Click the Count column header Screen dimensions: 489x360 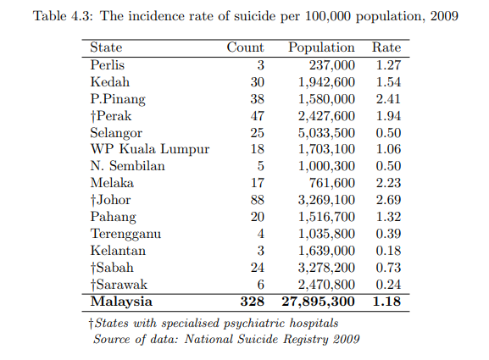(x=245, y=47)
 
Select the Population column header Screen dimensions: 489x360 (x=321, y=47)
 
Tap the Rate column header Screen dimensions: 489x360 (x=386, y=47)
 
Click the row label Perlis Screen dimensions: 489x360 (x=108, y=65)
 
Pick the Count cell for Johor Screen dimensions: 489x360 (x=258, y=199)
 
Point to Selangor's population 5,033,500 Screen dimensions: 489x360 (x=326, y=133)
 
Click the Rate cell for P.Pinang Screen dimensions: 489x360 (x=388, y=99)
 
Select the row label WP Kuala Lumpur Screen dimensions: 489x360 (x=150, y=149)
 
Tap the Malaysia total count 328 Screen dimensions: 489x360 (x=253, y=302)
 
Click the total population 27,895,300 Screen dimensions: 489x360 (x=318, y=302)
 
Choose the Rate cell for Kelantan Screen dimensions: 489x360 (x=388, y=251)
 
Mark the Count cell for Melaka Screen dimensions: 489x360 (x=258, y=183)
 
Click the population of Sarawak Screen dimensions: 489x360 (x=326, y=285)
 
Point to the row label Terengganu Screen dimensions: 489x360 (x=125, y=234)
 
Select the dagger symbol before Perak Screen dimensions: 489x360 (x=93, y=117)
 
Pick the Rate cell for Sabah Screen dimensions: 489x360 (x=388, y=268)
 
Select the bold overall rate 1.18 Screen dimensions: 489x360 (x=386, y=302)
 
